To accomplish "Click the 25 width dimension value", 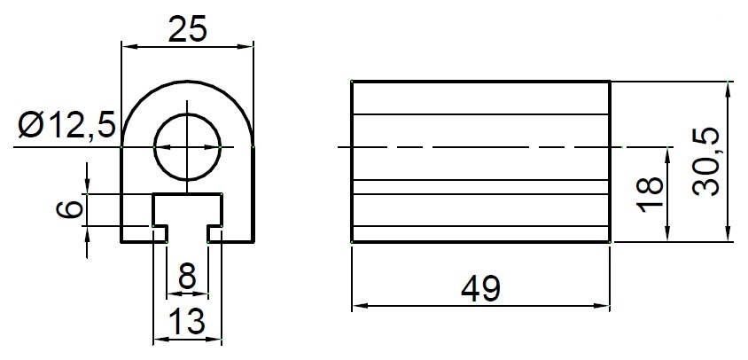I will click(187, 28).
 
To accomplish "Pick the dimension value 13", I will click(187, 320).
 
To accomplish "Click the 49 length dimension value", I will click(480, 288).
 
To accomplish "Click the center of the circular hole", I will click(187, 147).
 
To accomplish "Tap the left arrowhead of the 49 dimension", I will click(357, 307).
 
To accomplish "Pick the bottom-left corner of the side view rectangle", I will click(352, 242).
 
